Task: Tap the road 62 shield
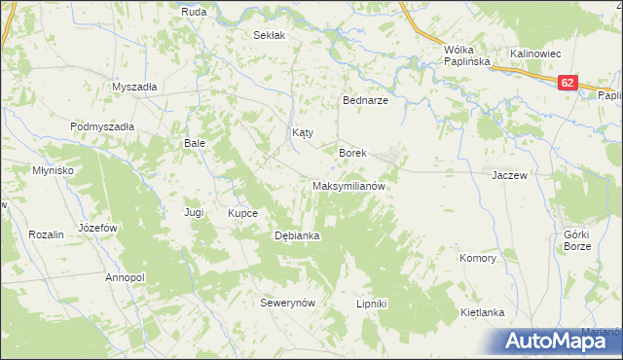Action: [x=567, y=85]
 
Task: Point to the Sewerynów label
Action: [x=288, y=303]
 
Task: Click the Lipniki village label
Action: [x=372, y=304]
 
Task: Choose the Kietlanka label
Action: [x=482, y=312]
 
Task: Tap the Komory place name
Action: [x=478, y=259]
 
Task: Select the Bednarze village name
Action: [x=366, y=101]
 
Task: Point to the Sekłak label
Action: [x=269, y=35]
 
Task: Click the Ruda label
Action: [x=193, y=12]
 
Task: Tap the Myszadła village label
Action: [x=134, y=86]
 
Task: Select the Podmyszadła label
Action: [x=101, y=126]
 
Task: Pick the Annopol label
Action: [x=125, y=277]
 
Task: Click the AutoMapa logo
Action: [x=558, y=340]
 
